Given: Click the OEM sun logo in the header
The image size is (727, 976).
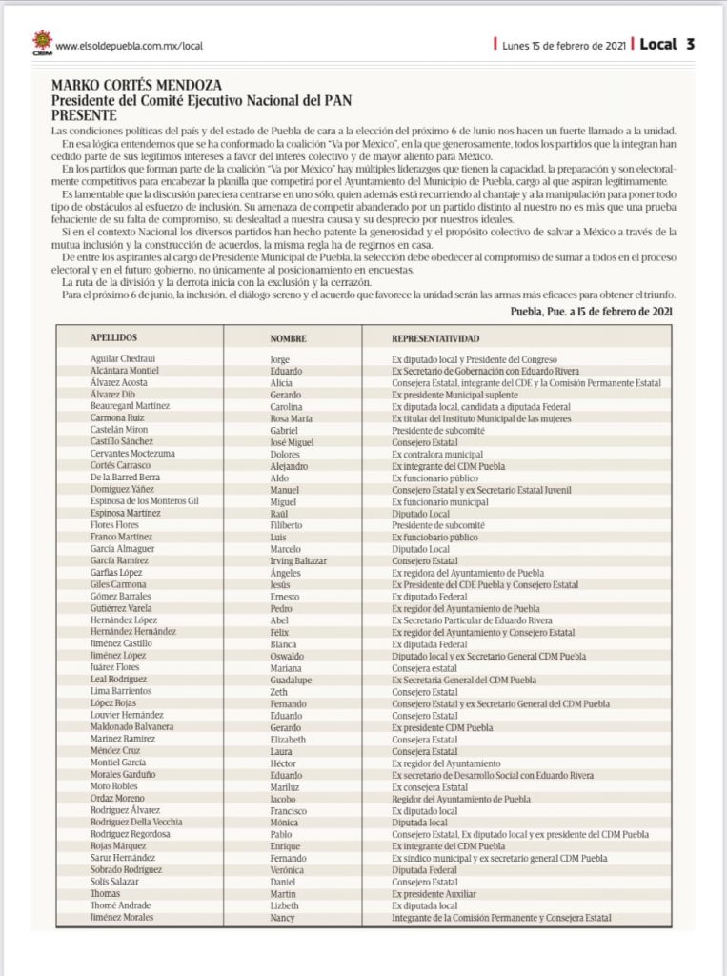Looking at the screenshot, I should (x=42, y=43).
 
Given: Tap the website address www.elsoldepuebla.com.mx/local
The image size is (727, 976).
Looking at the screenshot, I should (x=130, y=45).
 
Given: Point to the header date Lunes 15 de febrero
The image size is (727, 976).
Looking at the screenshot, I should (x=565, y=45).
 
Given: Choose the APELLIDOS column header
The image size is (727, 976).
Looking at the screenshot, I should (x=114, y=338).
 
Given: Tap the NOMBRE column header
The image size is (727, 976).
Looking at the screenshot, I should (x=288, y=338).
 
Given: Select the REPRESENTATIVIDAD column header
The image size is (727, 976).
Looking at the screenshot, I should (x=435, y=338).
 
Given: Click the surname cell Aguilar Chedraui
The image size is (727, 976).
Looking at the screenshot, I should (x=124, y=358).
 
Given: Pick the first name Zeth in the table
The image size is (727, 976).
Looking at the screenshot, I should (x=280, y=691).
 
